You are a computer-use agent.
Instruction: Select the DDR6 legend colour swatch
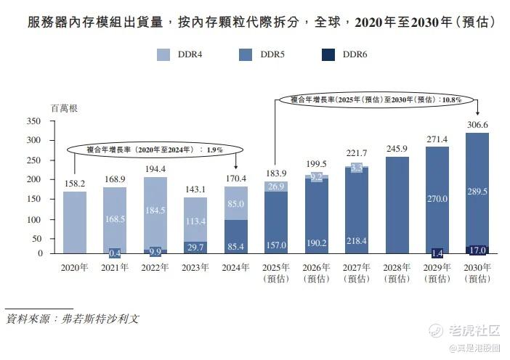pos(328,54)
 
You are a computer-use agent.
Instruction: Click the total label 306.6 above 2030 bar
pos(477,125)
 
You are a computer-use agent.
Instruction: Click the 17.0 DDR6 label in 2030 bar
pos(477,250)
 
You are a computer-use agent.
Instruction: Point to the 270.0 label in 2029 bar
pos(437,198)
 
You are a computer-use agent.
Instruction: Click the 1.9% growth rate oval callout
pos(154,149)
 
